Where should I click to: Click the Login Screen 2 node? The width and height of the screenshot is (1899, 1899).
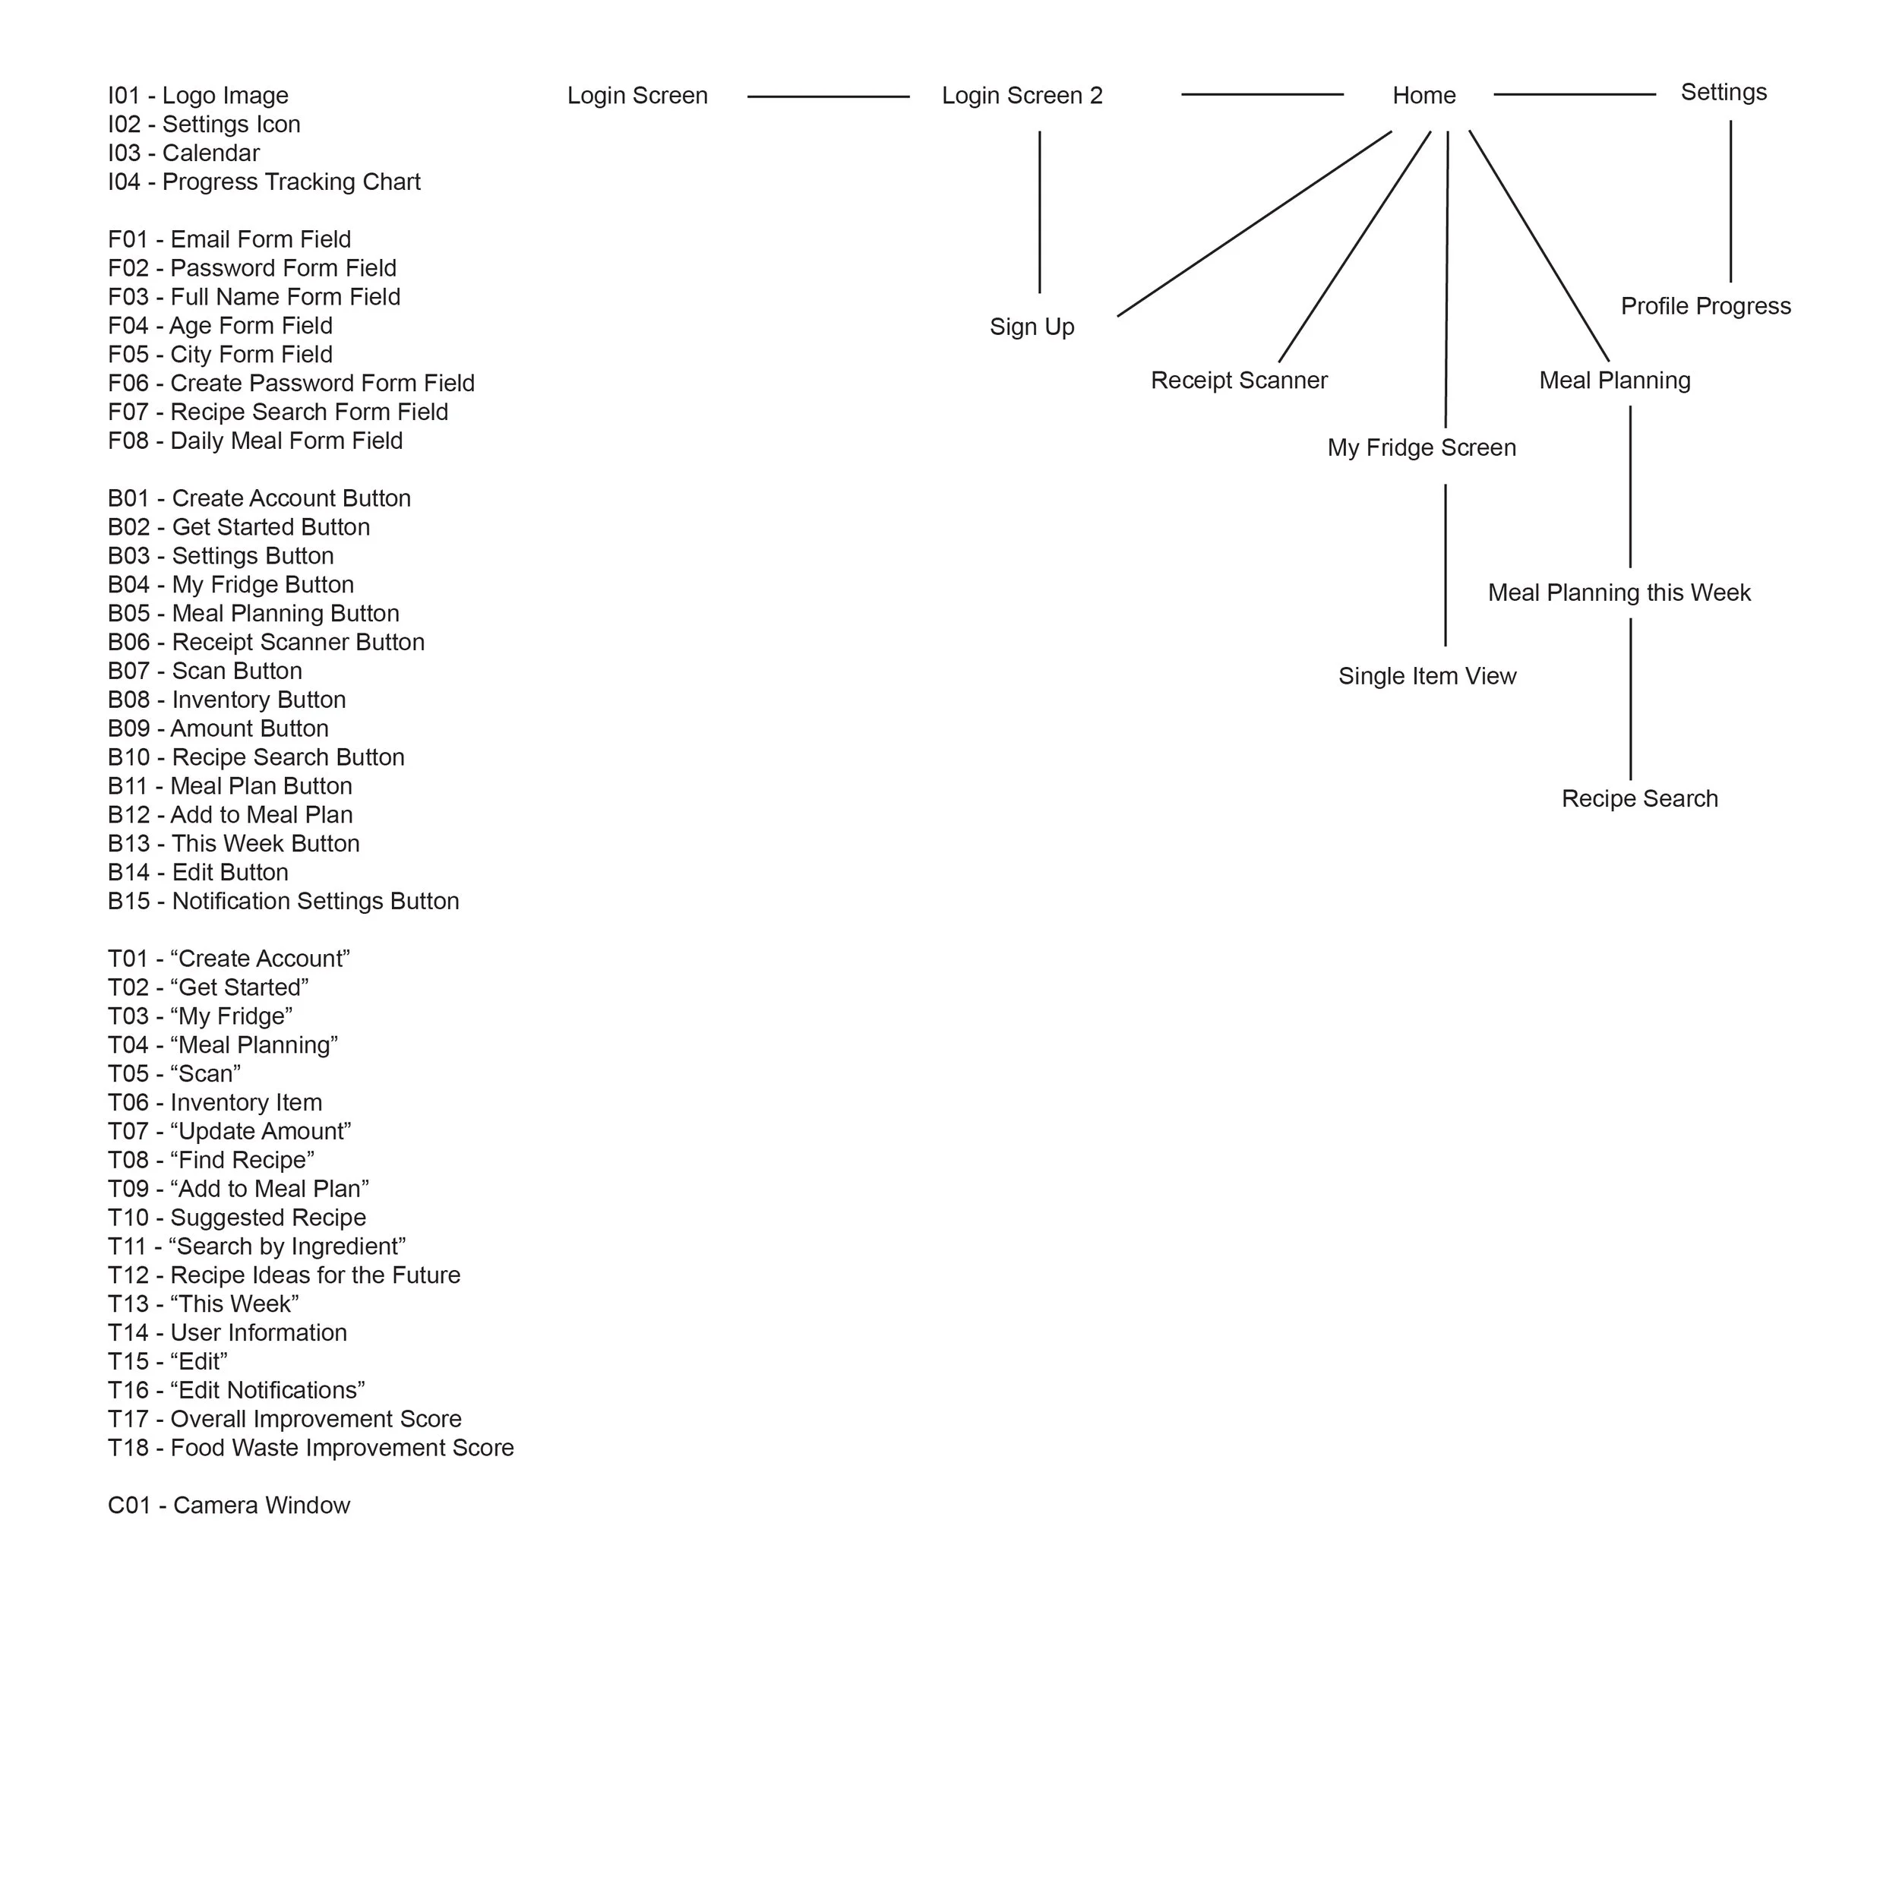click(1022, 96)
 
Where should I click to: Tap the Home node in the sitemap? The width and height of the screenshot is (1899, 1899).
click(1423, 96)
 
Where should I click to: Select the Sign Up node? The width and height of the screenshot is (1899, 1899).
click(1032, 327)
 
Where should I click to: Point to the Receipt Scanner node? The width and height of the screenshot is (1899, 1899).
click(1238, 381)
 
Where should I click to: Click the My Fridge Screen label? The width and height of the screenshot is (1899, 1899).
click(1421, 448)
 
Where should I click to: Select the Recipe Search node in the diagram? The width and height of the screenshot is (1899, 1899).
click(1639, 799)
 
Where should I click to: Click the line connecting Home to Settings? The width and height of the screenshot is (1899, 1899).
click(1574, 94)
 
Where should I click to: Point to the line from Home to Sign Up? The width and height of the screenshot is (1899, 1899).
click(1254, 224)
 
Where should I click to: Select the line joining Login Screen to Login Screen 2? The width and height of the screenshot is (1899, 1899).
click(828, 96)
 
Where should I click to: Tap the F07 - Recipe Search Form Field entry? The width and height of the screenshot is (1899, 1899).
click(278, 412)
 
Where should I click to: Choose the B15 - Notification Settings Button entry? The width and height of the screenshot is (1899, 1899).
click(283, 902)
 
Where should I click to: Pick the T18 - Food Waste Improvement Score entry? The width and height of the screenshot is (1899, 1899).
click(311, 1449)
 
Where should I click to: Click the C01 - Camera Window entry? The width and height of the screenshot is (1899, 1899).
click(229, 1506)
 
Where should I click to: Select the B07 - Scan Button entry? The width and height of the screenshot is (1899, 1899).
click(204, 672)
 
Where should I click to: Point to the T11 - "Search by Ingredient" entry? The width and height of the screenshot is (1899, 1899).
click(257, 1247)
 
